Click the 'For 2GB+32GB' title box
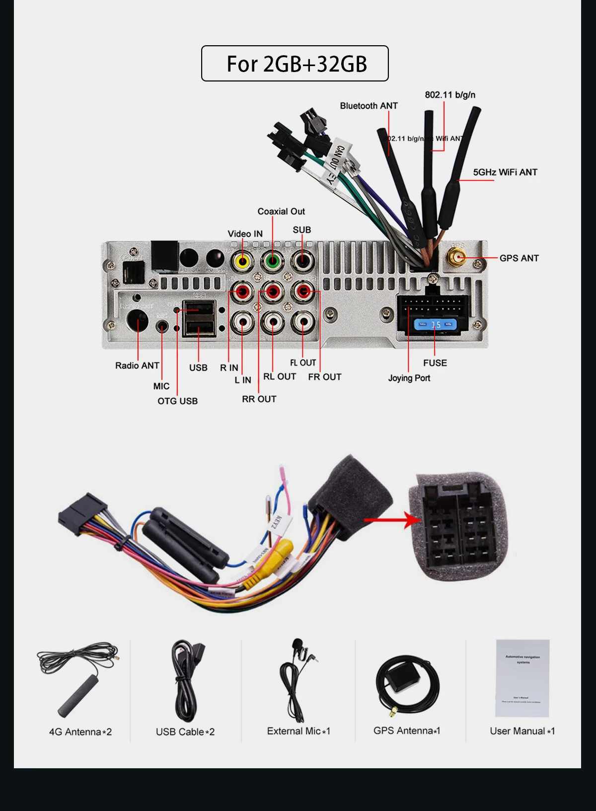[295, 64]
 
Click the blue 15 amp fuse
[435, 324]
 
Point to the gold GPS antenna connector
[457, 257]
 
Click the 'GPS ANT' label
[519, 258]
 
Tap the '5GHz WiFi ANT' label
[505, 172]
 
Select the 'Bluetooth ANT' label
[369, 105]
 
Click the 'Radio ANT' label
[137, 365]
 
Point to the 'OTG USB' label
[177, 401]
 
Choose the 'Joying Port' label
[409, 378]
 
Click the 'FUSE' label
[435, 363]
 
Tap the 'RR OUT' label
[259, 399]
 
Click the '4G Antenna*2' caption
[80, 731]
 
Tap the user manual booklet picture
[522, 678]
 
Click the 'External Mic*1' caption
[298, 730]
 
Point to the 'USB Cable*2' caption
[185, 731]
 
